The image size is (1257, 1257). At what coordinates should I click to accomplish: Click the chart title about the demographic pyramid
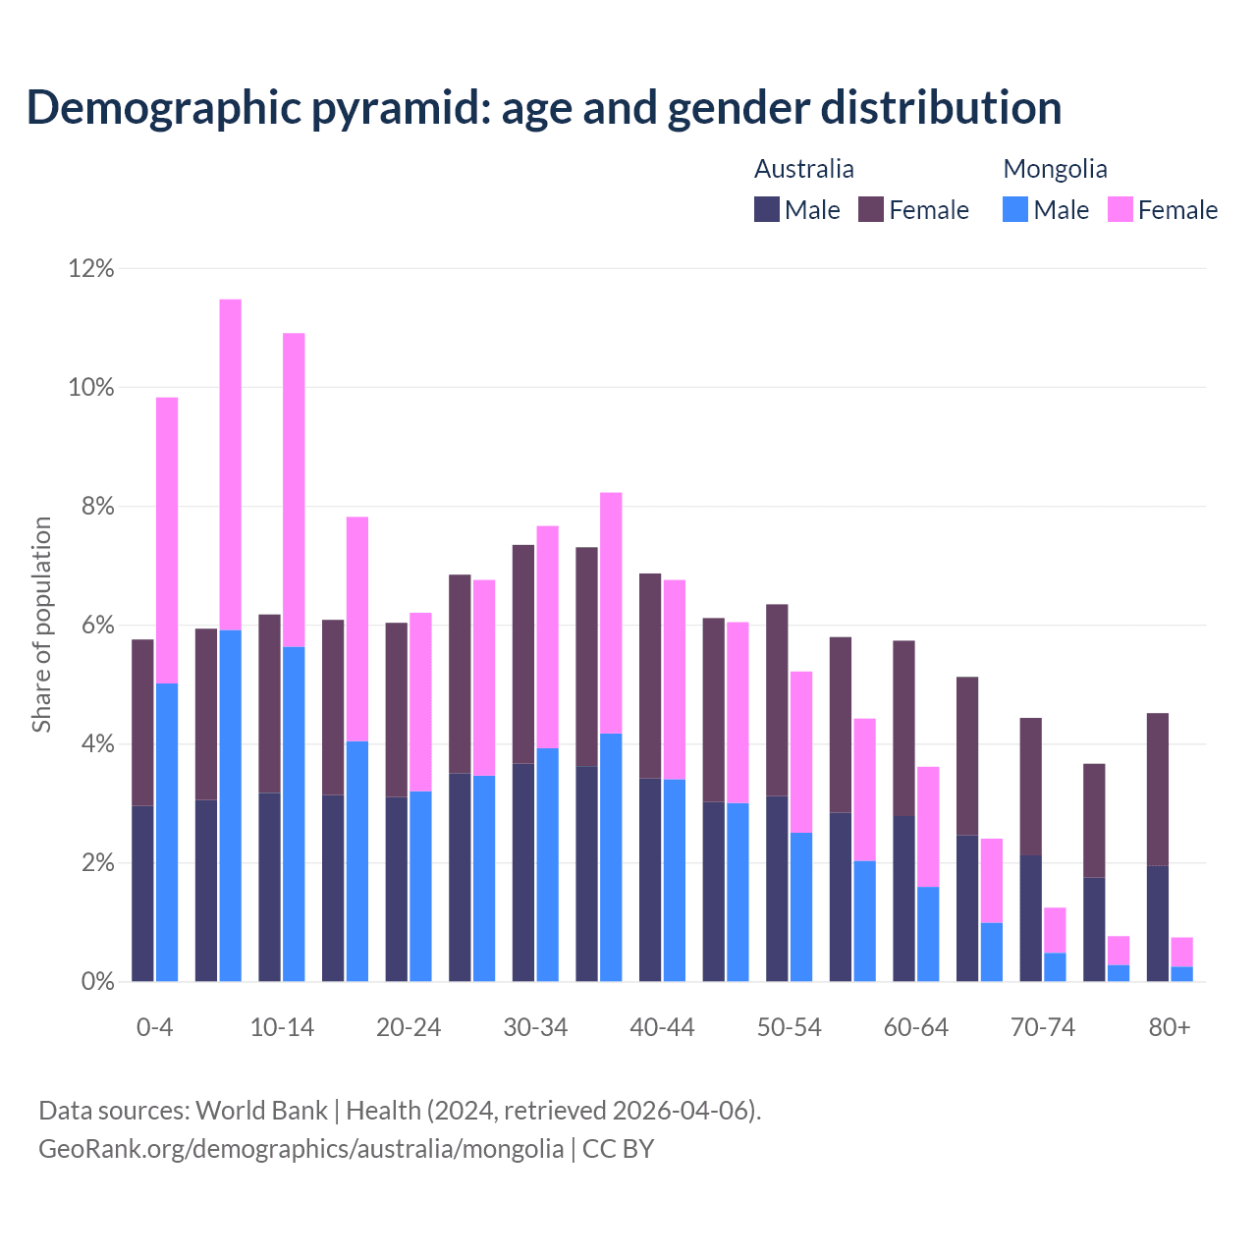click(544, 108)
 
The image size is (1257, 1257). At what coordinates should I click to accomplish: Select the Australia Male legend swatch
click(767, 209)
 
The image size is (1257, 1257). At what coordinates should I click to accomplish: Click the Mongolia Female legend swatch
click(1120, 209)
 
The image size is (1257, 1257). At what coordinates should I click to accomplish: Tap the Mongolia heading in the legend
click(1055, 169)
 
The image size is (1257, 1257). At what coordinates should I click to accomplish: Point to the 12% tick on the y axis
click(91, 268)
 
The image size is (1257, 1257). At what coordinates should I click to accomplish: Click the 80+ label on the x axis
click(1170, 1027)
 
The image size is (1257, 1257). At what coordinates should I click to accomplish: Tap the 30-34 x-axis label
click(535, 1027)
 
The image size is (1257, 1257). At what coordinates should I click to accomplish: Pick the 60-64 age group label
click(916, 1027)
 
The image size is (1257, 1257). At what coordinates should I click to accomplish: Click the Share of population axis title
click(41, 625)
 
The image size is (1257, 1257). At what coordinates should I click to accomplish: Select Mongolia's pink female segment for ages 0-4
click(167, 540)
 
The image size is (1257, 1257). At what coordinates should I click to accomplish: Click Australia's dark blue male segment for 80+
click(1158, 923)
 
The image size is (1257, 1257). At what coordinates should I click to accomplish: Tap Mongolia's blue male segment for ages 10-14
click(294, 813)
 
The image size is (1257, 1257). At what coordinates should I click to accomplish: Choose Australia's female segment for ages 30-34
click(523, 654)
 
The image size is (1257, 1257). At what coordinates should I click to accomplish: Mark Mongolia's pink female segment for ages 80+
click(1182, 952)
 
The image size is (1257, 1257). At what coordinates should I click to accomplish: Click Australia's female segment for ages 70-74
click(1031, 787)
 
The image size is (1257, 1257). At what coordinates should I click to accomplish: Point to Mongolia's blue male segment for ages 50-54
click(801, 906)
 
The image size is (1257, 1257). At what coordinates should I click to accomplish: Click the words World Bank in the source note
click(261, 1111)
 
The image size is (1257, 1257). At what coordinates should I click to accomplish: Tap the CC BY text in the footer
click(618, 1149)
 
